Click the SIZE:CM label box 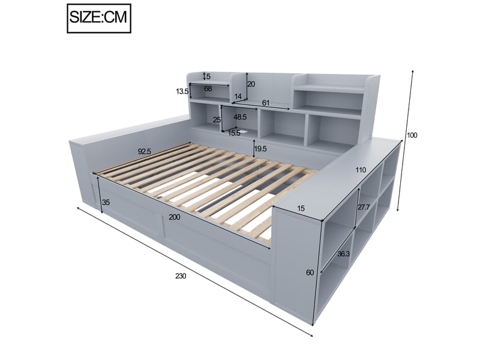(x=99, y=18)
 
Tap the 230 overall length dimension (x=181, y=276)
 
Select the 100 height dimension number (x=412, y=135)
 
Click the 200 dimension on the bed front (x=175, y=217)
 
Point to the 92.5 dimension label (x=145, y=151)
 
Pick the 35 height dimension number (x=106, y=202)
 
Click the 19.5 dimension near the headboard (x=260, y=149)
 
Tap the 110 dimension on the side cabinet (x=361, y=170)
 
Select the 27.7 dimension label (x=364, y=207)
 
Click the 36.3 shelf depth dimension (x=343, y=254)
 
